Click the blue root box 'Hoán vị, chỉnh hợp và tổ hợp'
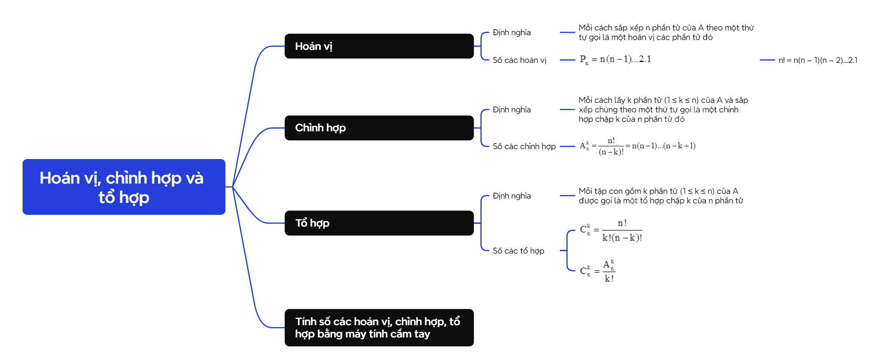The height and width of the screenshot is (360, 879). (x=124, y=187)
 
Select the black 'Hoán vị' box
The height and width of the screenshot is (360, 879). (x=379, y=46)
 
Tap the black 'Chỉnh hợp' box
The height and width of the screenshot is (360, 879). (x=379, y=128)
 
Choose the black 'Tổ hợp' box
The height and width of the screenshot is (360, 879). (x=379, y=223)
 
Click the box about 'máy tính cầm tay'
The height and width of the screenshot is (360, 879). (x=379, y=328)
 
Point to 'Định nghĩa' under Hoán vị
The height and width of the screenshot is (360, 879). (x=512, y=32)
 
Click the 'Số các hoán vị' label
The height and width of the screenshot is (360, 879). (x=519, y=60)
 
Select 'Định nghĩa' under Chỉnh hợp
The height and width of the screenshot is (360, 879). (x=512, y=110)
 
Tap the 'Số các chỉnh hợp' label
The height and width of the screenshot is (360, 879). (x=524, y=146)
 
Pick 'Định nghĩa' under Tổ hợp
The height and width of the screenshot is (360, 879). (x=512, y=196)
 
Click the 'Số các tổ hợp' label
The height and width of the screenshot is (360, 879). (x=518, y=251)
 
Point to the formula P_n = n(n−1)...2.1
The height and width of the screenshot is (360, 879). (x=615, y=60)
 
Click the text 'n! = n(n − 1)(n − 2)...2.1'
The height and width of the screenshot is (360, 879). (x=818, y=60)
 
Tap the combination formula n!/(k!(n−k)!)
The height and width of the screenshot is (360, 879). (x=611, y=230)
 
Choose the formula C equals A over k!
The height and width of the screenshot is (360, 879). (x=597, y=271)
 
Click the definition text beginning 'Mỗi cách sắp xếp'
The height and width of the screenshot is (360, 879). (x=666, y=32)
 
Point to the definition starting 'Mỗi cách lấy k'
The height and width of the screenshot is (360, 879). (x=663, y=110)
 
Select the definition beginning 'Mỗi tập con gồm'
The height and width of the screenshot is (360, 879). (x=661, y=196)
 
